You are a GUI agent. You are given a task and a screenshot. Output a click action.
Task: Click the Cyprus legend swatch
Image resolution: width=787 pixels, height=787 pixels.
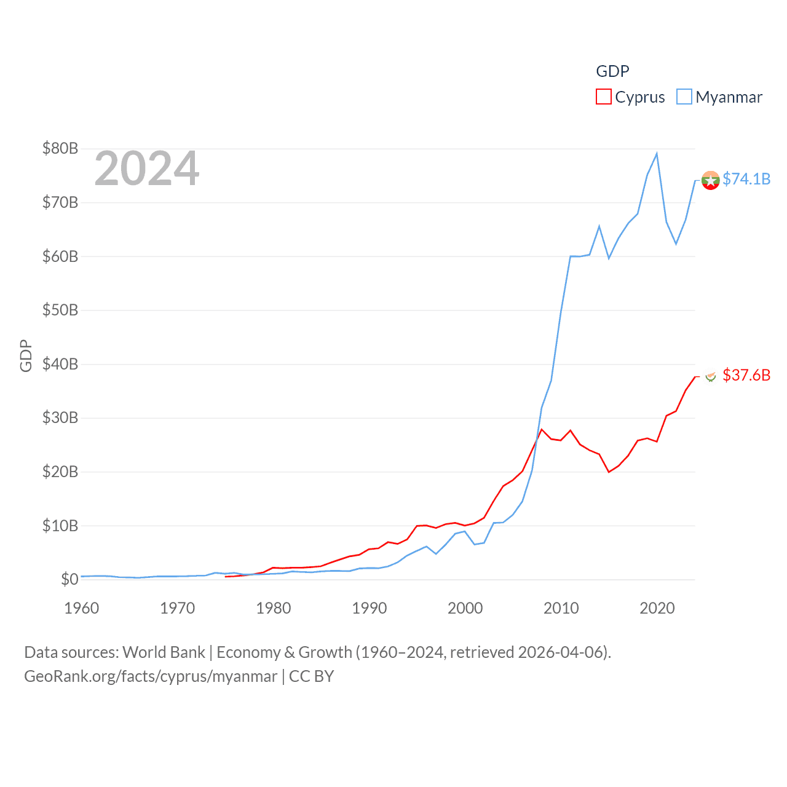(x=603, y=97)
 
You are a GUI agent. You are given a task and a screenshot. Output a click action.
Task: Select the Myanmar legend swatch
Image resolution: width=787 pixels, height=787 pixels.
(x=684, y=97)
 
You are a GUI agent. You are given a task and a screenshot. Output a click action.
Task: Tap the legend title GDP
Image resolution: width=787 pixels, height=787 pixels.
(x=612, y=71)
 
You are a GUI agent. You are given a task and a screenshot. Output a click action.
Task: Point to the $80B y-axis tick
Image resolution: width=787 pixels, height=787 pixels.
(x=60, y=148)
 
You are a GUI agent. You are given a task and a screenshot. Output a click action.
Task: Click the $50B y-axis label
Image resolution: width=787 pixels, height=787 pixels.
(x=60, y=310)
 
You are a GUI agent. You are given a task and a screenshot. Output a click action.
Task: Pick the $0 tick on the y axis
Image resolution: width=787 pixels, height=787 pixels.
(x=69, y=579)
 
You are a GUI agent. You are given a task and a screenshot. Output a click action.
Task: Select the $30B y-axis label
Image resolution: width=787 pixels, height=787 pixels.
(x=60, y=417)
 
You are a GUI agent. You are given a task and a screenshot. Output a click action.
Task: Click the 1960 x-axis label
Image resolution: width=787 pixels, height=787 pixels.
(x=82, y=608)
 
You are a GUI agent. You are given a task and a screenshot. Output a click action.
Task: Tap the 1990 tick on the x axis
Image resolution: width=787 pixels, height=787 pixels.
(x=370, y=608)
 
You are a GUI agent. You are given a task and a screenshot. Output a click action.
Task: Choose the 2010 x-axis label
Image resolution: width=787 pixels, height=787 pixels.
(x=561, y=608)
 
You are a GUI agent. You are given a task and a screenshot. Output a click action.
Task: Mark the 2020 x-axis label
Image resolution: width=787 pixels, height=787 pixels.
(x=657, y=608)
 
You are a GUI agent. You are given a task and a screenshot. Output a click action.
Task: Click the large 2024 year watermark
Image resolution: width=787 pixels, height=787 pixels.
(x=147, y=168)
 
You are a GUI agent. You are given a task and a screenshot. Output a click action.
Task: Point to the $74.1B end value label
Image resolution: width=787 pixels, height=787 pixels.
(x=746, y=179)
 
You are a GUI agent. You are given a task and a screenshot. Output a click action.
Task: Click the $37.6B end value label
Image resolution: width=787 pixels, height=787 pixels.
(x=746, y=375)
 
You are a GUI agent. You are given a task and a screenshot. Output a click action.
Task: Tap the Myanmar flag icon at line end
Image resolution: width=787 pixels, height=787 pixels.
(x=710, y=181)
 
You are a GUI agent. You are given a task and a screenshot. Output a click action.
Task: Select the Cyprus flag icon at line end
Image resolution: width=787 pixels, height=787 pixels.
(x=710, y=376)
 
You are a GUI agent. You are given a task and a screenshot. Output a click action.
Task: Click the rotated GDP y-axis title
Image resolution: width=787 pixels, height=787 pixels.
(x=26, y=356)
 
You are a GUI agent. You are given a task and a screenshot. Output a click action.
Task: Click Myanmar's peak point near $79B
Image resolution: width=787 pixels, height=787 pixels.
(x=657, y=154)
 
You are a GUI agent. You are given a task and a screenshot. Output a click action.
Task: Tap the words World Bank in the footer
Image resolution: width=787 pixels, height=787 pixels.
(x=164, y=652)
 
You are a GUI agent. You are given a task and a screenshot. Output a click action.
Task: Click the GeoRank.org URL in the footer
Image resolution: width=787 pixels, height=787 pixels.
(x=151, y=676)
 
